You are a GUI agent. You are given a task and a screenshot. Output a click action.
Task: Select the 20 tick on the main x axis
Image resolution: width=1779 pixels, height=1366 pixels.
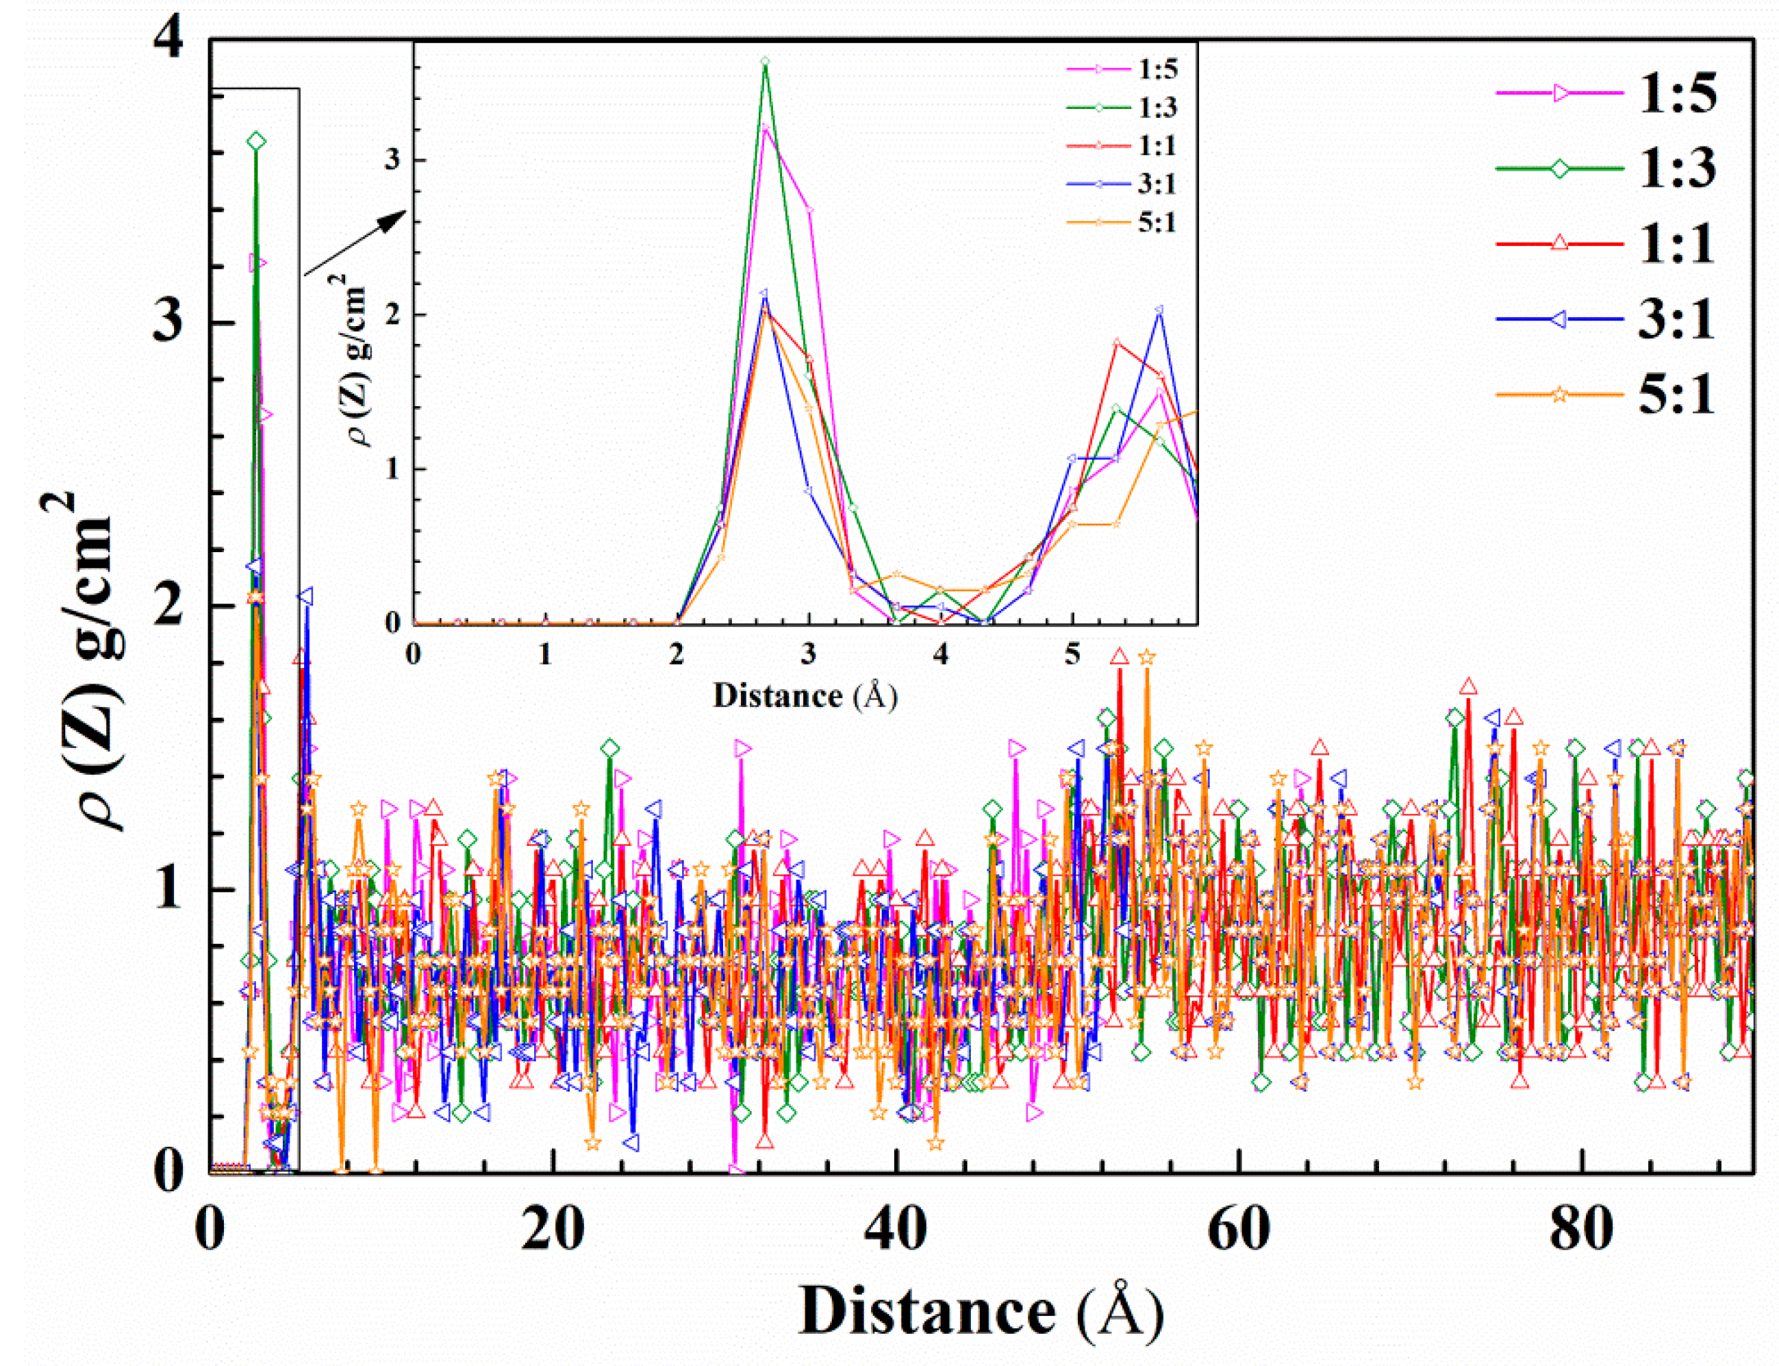553,1230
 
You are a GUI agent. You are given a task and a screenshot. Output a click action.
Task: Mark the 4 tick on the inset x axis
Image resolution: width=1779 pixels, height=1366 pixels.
940,654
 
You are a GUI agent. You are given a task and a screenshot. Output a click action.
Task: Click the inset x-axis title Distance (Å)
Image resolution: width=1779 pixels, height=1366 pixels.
805,696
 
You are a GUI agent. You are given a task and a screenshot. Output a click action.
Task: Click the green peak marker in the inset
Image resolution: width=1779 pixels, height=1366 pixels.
765,62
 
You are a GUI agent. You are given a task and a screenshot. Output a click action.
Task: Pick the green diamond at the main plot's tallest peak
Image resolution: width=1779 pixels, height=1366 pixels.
257,140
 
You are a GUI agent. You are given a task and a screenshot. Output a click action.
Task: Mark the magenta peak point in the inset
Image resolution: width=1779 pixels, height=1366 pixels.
765,127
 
